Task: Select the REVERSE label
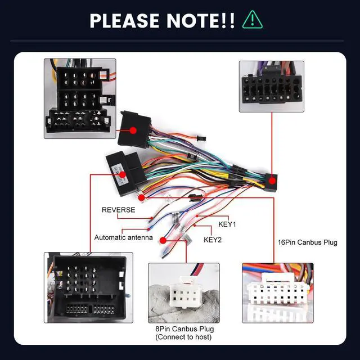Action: (118, 210)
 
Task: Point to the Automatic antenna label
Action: (123, 237)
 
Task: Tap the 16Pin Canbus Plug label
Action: (308, 243)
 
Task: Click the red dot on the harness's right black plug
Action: (273, 182)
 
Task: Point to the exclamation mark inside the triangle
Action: (252, 20)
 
